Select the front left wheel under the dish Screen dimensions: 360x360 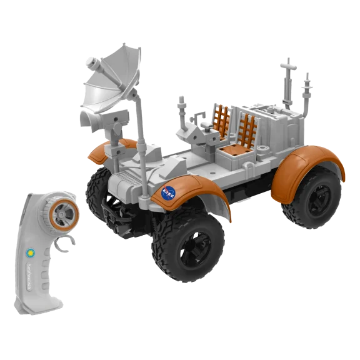click(100, 187)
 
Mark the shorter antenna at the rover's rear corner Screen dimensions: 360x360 click(307, 94)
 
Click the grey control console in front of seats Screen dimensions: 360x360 click(197, 134)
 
